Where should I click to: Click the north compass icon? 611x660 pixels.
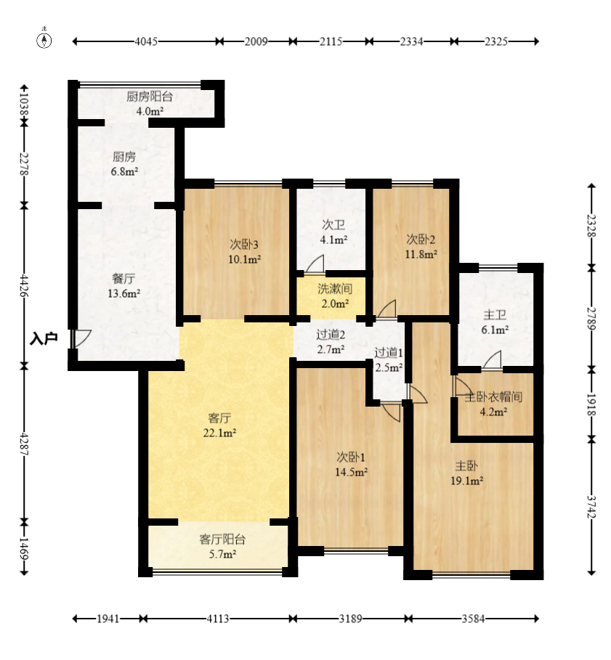click(44, 40)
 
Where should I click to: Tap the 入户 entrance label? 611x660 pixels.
click(44, 339)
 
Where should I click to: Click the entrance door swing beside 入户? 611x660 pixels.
click(81, 338)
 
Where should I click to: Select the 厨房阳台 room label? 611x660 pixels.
click(150, 97)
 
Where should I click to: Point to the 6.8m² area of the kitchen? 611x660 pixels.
click(125, 172)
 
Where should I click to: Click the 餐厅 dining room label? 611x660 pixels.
click(124, 279)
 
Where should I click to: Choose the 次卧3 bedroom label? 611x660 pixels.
click(244, 244)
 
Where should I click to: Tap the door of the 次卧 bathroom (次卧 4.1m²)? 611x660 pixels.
click(315, 264)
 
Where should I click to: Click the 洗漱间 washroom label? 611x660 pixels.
click(335, 289)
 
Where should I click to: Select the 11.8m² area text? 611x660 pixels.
click(421, 254)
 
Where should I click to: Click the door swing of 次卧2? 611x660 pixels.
click(387, 309)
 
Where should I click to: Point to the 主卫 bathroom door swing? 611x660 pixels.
click(492, 360)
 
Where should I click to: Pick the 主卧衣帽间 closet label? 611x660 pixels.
click(493, 397)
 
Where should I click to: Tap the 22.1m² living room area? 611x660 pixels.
click(219, 433)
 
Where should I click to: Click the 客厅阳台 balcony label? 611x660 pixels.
click(222, 539)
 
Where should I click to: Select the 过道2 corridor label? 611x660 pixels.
click(331, 335)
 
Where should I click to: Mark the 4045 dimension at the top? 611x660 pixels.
click(146, 41)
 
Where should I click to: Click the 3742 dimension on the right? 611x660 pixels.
click(591, 507)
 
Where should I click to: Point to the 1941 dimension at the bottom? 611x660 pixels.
click(108, 619)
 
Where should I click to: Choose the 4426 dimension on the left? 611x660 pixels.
click(24, 286)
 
